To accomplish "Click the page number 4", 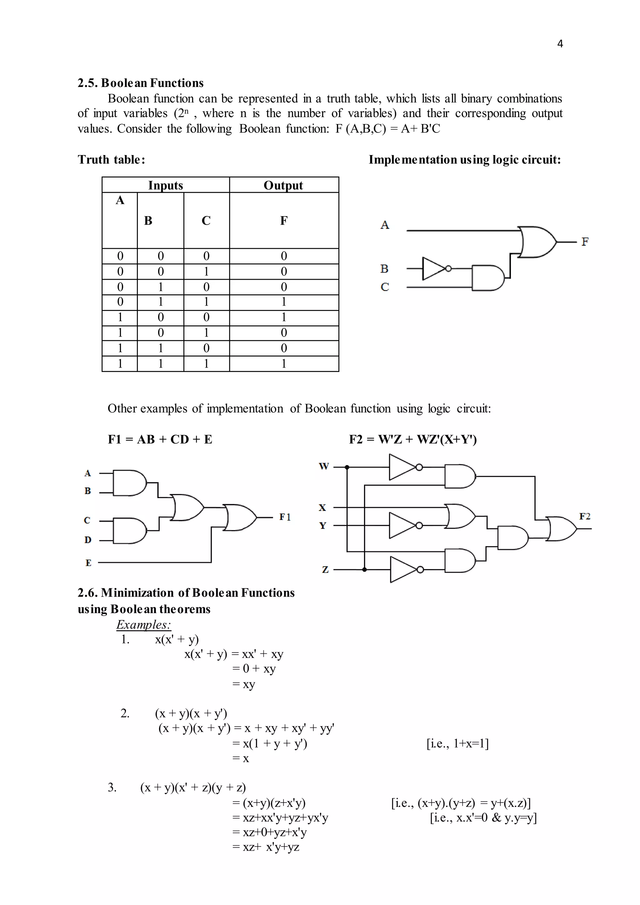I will pos(560,44).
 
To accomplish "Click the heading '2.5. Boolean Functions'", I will pos(140,83).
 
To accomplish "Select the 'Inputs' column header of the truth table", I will pos(166,185).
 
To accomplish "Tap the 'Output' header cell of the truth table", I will pos(283,185).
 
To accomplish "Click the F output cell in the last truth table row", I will pos(284,363).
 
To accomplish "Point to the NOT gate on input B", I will pos(435,269).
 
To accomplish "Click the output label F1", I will pos(285,517).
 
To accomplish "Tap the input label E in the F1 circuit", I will pos(88,563).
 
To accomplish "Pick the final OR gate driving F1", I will pos(240,517).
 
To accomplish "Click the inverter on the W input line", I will pos(403,467).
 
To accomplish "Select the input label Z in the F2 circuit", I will pos(325,570).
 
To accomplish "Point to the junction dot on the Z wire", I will pos(365,570).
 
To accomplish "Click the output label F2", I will pos(584,516).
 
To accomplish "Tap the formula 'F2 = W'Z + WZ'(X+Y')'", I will pos(412,439).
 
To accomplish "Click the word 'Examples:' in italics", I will pos(143,624).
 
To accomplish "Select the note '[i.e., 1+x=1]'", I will pos(457,743).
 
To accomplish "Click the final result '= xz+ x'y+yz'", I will pos(266,847).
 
